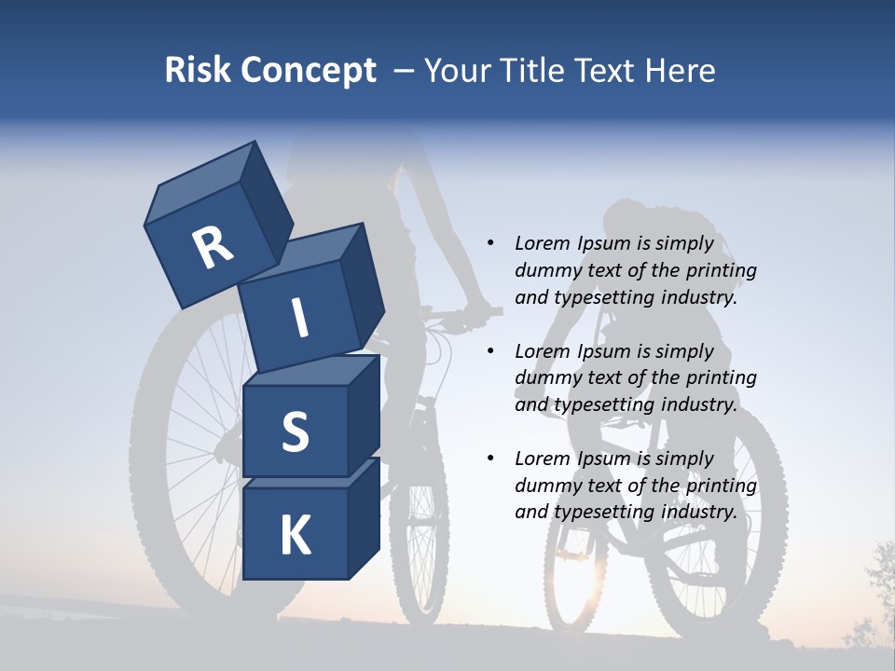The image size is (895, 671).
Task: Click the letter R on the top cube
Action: (x=212, y=248)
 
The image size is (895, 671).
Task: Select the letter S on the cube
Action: (x=295, y=431)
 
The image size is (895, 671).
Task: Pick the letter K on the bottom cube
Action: (x=295, y=536)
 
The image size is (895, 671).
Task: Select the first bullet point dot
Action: (x=490, y=244)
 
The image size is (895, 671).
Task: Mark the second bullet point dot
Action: (x=490, y=352)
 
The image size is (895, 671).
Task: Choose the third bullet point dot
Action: (x=490, y=459)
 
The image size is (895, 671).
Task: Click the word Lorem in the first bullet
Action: (x=543, y=244)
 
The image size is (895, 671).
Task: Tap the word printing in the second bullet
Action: (x=721, y=378)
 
